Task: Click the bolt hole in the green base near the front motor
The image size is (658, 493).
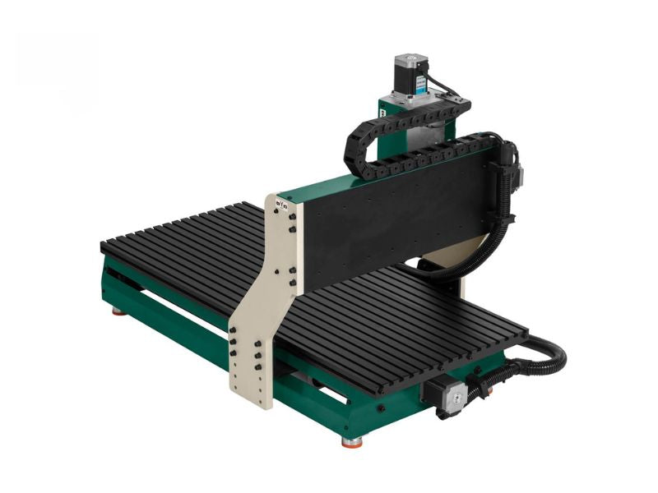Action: pyautogui.click(x=380, y=408)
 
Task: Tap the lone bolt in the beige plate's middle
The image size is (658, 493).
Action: pyautogui.click(x=279, y=271)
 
